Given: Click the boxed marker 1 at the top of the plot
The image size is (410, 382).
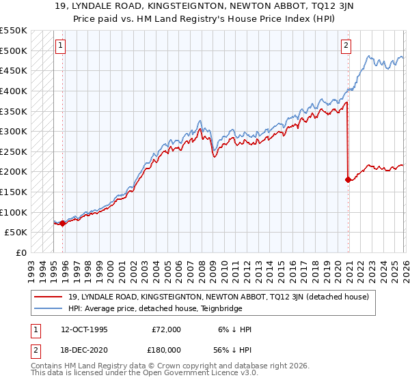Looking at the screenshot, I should (60, 46).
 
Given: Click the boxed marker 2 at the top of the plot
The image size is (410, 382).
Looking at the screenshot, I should (346, 46).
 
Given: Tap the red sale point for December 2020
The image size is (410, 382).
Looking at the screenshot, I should (348, 180).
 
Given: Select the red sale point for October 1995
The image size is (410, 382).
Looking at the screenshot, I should (63, 223).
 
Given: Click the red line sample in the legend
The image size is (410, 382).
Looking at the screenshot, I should (49, 297).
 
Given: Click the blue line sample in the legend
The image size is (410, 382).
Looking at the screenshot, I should (49, 308).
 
